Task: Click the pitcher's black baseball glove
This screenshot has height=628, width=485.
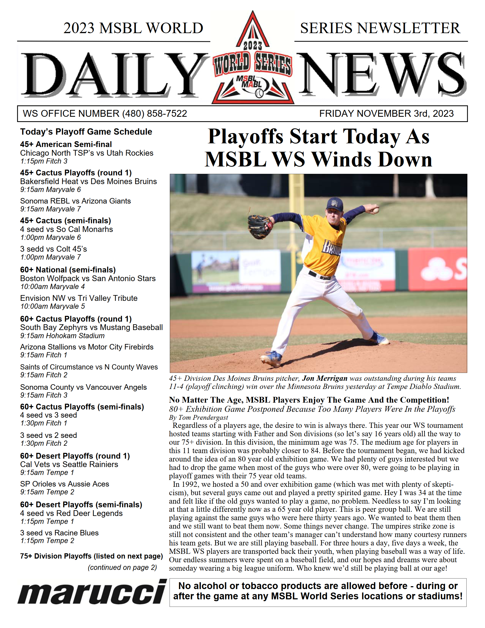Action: pos(260,227)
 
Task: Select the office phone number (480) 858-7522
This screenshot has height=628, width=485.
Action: pos(154,114)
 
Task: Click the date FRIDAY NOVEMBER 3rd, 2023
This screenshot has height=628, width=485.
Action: pos(386,114)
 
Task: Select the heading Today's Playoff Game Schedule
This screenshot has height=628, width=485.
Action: pos(86,132)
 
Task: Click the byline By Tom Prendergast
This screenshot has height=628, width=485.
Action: pos(198,417)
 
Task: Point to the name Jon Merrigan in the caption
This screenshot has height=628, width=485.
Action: pos(325,378)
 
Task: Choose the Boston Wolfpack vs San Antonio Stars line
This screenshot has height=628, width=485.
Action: pos(88,278)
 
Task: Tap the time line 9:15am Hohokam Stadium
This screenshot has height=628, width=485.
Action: pos(62,336)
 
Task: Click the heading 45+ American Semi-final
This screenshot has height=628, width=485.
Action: pos(66,144)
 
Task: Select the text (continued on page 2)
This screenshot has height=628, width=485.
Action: pos(122,567)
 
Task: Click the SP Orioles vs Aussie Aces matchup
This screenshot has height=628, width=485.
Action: pos(64,484)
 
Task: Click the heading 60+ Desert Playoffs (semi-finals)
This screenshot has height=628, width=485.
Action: pos(81,504)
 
